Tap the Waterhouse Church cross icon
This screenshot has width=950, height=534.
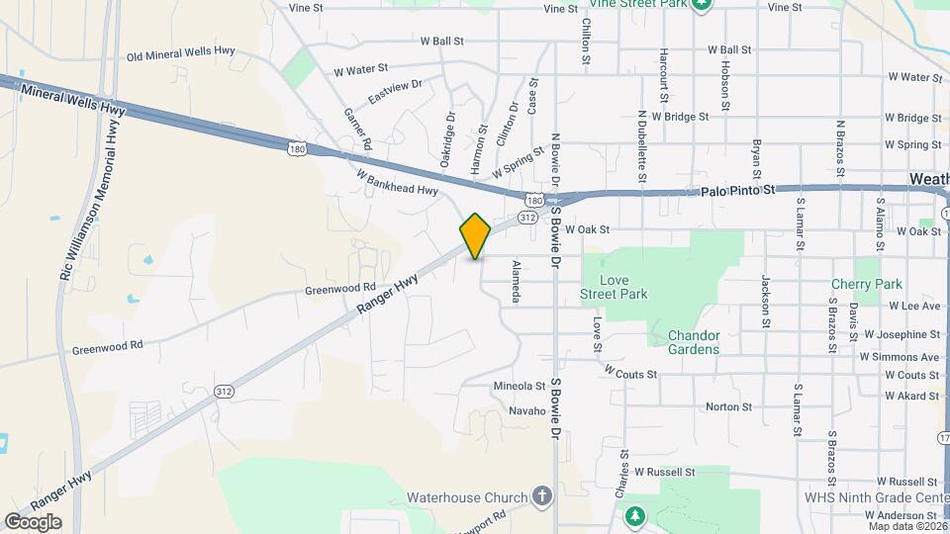coord(541,494)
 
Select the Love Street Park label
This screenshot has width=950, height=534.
coord(613,287)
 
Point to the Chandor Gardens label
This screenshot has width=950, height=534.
coord(694,342)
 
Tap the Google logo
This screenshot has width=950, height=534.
coord(32,522)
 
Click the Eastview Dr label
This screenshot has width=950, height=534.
coord(395,93)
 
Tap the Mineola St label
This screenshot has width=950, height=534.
coord(520,386)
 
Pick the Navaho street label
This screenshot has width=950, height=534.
coord(527,410)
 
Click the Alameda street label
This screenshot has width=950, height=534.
coord(516,282)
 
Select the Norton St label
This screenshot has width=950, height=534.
coord(729,406)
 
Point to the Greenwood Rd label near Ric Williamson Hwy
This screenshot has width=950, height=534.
coord(108,347)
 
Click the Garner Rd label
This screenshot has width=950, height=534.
coord(357,130)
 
